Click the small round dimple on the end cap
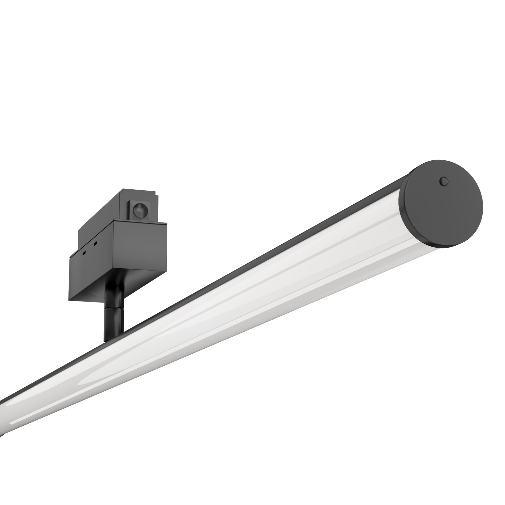444,181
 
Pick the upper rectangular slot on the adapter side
96,243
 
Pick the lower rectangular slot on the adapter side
84,254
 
